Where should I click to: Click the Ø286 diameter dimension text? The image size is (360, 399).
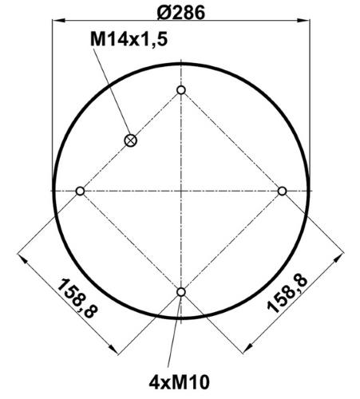(181, 13)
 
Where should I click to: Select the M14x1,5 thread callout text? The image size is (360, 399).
(129, 39)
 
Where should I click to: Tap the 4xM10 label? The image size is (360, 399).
(179, 382)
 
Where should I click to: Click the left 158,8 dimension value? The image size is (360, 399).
(77, 298)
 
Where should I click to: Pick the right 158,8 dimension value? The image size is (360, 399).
(287, 294)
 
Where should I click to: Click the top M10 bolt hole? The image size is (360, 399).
(181, 90)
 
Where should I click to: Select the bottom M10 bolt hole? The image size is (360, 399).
(181, 292)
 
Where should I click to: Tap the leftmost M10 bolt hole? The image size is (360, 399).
(80, 191)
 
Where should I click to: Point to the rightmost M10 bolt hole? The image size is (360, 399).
(282, 191)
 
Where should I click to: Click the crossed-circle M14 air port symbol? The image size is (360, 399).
(131, 140)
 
